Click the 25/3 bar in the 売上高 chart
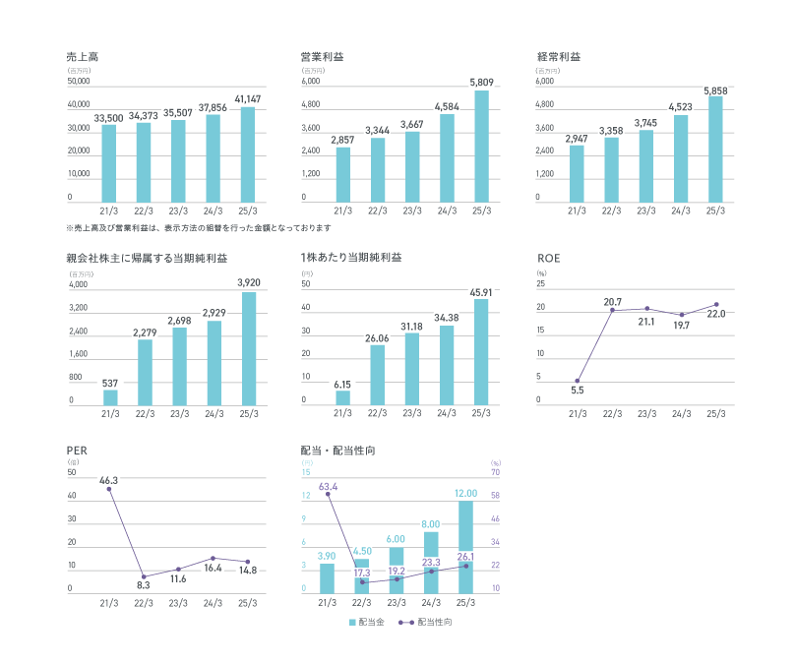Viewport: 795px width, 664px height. (247, 154)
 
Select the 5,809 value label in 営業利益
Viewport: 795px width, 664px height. (480, 82)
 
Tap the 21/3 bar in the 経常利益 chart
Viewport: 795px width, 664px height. (577, 174)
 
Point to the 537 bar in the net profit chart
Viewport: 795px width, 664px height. (110, 397)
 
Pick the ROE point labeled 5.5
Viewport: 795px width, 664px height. (577, 381)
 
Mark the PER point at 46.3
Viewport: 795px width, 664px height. (109, 489)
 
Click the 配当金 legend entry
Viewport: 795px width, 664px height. (366, 622)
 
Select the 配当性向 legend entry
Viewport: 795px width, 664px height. (425, 622)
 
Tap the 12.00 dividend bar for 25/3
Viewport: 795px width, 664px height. (465, 546)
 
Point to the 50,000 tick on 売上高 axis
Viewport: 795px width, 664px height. (79, 81)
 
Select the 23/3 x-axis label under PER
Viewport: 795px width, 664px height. (178, 603)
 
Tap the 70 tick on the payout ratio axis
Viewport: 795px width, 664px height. (496, 473)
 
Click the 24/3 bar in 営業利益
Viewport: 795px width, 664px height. (447, 158)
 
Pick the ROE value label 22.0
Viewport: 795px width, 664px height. (715, 315)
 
